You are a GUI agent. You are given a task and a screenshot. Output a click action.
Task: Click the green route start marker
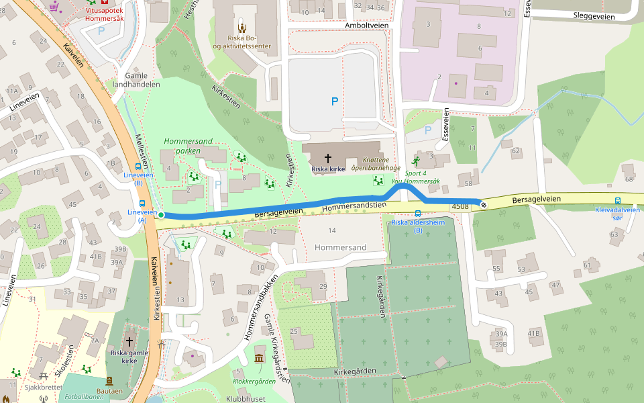(x=161, y=215)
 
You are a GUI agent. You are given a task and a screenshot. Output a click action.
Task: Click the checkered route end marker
(x=483, y=204)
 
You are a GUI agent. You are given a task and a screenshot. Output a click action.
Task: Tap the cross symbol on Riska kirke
(x=328, y=158)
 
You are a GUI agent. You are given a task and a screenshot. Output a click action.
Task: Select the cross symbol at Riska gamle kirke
(x=129, y=341)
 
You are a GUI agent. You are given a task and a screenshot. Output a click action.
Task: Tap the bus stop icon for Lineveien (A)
(x=142, y=204)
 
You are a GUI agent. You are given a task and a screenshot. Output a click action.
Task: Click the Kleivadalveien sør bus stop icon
(x=618, y=200)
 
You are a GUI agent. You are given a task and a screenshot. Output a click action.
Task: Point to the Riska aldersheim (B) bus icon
(x=418, y=213)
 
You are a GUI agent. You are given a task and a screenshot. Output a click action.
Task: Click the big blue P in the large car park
(x=334, y=101)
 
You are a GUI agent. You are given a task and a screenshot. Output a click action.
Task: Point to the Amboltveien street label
(x=367, y=25)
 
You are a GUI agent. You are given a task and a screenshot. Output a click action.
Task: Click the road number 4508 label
(x=460, y=207)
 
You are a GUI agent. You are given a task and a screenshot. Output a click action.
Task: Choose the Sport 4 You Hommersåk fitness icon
(x=416, y=162)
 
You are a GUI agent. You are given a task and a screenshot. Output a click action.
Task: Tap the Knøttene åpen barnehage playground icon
(x=378, y=180)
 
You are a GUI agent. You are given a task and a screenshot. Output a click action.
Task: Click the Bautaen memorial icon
(x=110, y=380)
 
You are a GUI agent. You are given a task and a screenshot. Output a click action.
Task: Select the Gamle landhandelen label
(x=136, y=80)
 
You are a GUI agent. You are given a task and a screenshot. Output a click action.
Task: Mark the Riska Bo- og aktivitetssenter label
(x=242, y=42)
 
